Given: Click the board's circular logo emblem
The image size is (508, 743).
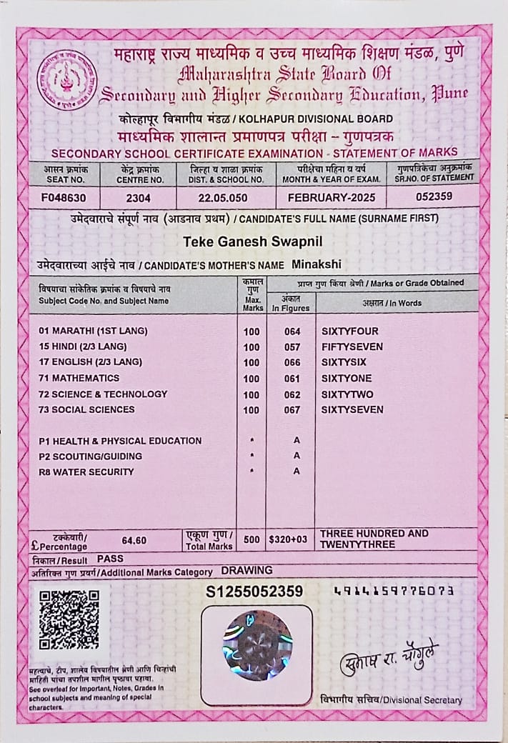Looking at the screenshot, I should pos(67,79).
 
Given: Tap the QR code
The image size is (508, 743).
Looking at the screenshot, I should pos(69,619).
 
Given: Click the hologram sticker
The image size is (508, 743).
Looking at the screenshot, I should pos(257,645).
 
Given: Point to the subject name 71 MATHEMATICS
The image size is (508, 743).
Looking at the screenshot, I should pos(79,378).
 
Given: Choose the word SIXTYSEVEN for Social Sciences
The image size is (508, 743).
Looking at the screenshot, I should pos(352,410).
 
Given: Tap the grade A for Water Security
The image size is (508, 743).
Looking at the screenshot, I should pos(297,472).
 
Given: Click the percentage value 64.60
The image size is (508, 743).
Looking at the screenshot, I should pos(134,541).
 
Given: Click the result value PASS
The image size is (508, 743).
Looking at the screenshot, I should pos(111,558).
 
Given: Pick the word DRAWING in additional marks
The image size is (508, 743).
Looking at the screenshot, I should pos(246,571).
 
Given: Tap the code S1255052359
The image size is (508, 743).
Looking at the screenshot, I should pos(254,592).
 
